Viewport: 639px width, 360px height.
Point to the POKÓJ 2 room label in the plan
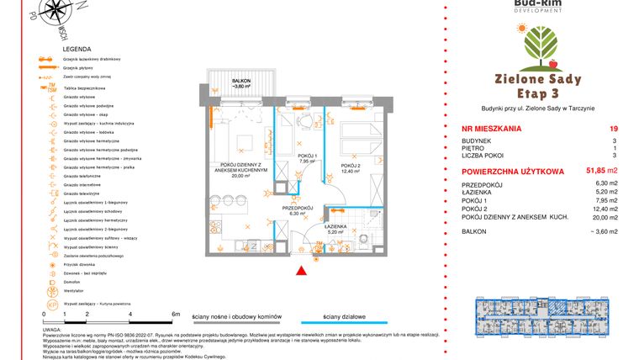click(x=350, y=167)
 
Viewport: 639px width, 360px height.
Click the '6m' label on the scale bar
click(x=175, y=314)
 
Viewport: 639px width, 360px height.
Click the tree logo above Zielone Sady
click(x=538, y=46)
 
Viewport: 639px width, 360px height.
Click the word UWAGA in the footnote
click(x=50, y=331)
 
